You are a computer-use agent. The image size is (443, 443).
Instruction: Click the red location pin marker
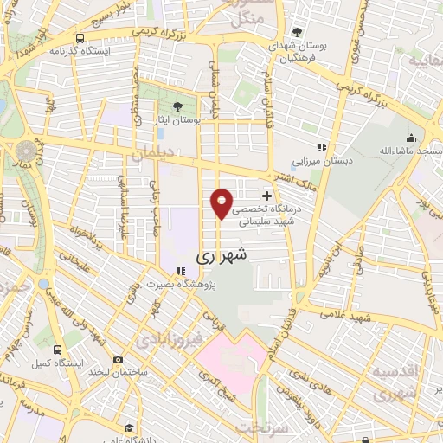point(222,202)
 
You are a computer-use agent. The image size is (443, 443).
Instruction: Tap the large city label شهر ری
point(221,255)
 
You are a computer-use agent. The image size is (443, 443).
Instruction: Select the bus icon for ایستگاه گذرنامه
point(80,39)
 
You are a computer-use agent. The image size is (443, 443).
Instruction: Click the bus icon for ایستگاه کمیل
point(57,350)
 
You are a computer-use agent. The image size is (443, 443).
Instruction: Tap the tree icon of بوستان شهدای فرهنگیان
point(299,32)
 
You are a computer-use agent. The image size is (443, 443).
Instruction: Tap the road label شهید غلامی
point(373,319)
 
